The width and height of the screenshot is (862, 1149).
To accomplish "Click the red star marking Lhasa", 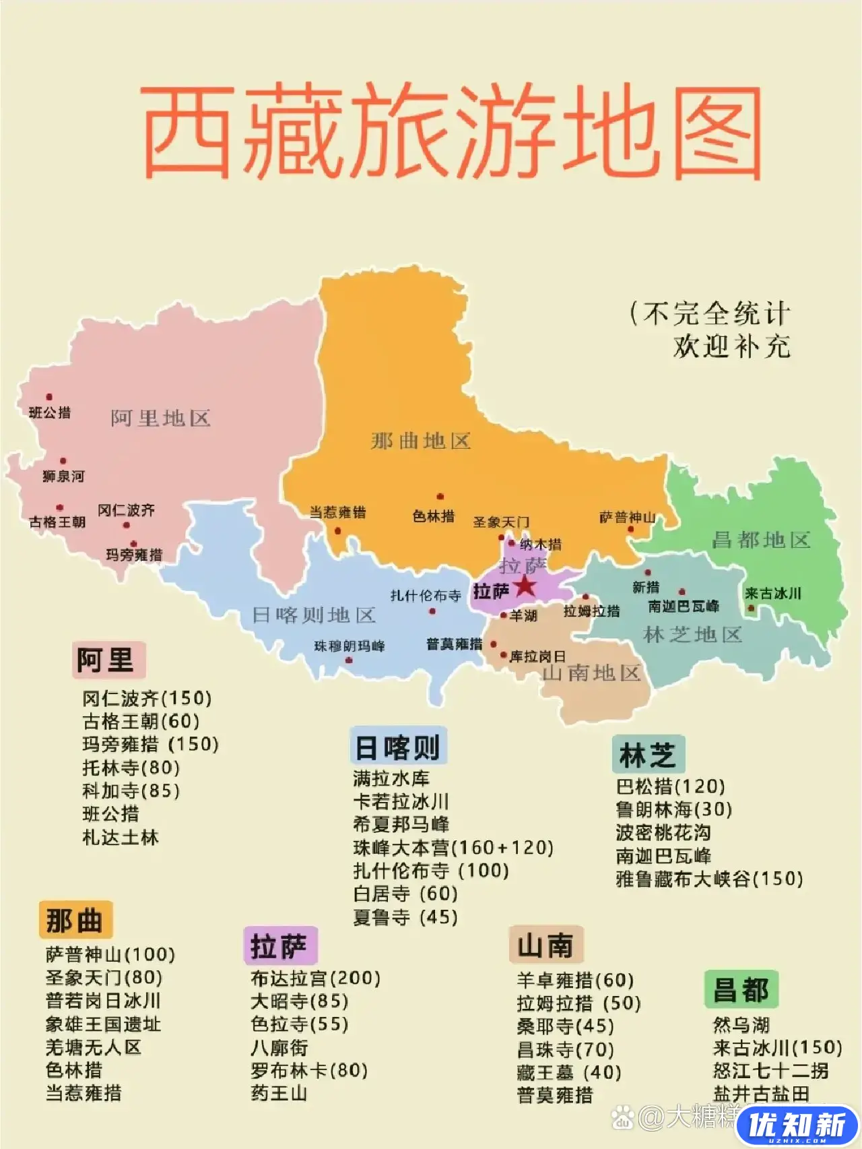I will [525, 586].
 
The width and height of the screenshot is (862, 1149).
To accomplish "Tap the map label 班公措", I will [50, 412].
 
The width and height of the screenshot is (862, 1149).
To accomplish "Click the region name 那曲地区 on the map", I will [421, 441].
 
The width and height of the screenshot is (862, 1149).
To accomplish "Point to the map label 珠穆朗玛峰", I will [349, 646].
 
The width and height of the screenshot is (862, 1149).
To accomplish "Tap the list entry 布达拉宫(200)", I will [315, 978].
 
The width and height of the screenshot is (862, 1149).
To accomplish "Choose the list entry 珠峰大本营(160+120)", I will [453, 847].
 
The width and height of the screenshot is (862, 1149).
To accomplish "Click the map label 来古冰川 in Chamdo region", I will [772, 594].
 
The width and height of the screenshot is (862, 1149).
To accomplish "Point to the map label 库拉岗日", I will [537, 656].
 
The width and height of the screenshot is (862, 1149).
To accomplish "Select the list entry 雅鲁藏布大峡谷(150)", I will [708, 879].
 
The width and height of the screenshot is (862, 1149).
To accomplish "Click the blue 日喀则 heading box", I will [397, 747].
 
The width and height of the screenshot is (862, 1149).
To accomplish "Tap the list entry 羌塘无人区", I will [93, 1047].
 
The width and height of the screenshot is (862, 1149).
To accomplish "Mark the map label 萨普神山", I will [627, 518].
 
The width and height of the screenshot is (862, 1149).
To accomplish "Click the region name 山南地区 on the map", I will [591, 673].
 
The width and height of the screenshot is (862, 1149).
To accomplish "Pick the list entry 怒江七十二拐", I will [770, 1070].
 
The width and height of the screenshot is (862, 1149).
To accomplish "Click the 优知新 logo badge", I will [798, 1125].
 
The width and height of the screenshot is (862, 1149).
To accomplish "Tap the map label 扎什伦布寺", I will [426, 596].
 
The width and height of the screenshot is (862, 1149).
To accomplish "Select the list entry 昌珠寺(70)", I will [565, 1049].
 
